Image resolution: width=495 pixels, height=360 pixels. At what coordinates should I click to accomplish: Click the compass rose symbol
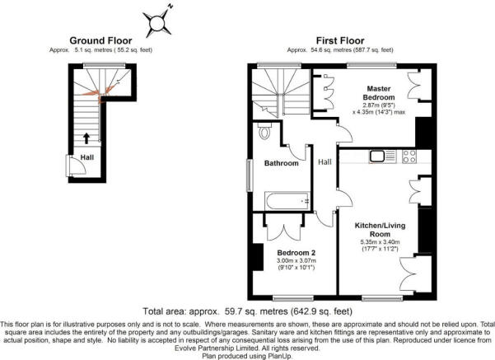(x=156, y=23)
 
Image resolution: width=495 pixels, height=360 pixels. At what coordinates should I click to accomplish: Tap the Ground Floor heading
(x=100, y=40)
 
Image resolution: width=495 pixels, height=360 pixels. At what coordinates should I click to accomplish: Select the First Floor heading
(x=340, y=40)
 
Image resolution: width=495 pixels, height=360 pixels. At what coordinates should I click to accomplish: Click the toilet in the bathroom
(x=264, y=131)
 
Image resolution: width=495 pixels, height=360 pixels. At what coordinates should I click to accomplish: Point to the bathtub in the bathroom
(x=287, y=201)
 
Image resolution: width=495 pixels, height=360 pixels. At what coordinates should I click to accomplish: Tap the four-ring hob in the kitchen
(x=409, y=157)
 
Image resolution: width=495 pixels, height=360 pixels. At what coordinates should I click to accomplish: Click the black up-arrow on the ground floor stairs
(x=86, y=138)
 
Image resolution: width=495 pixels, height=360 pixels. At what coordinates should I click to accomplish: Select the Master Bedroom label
(x=379, y=93)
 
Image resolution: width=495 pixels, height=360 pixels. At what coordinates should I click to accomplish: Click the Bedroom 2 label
(x=297, y=253)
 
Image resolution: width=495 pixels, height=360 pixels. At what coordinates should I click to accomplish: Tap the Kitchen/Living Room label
(x=380, y=230)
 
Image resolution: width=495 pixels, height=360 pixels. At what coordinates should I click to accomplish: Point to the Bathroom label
(x=282, y=163)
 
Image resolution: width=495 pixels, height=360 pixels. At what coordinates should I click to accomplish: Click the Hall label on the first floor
(x=325, y=162)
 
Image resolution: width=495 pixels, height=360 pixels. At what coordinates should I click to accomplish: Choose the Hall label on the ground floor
(x=86, y=157)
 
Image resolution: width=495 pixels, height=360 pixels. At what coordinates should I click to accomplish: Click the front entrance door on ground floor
(x=77, y=165)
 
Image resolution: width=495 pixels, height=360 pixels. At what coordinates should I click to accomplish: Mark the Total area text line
(x=247, y=311)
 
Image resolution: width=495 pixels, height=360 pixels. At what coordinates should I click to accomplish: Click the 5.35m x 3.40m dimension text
(x=380, y=242)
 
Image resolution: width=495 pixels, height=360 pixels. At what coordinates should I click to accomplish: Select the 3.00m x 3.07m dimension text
(x=297, y=261)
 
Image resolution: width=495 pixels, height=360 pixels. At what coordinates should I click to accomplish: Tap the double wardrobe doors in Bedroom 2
(x=284, y=232)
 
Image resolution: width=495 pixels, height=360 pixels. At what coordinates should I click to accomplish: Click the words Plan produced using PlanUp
(x=247, y=356)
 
